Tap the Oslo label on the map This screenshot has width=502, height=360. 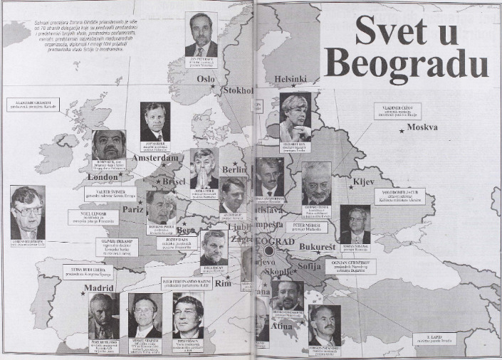pos(206,79)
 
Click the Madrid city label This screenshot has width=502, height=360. pos(99,288)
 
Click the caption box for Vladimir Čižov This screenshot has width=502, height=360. pos(397,110)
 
